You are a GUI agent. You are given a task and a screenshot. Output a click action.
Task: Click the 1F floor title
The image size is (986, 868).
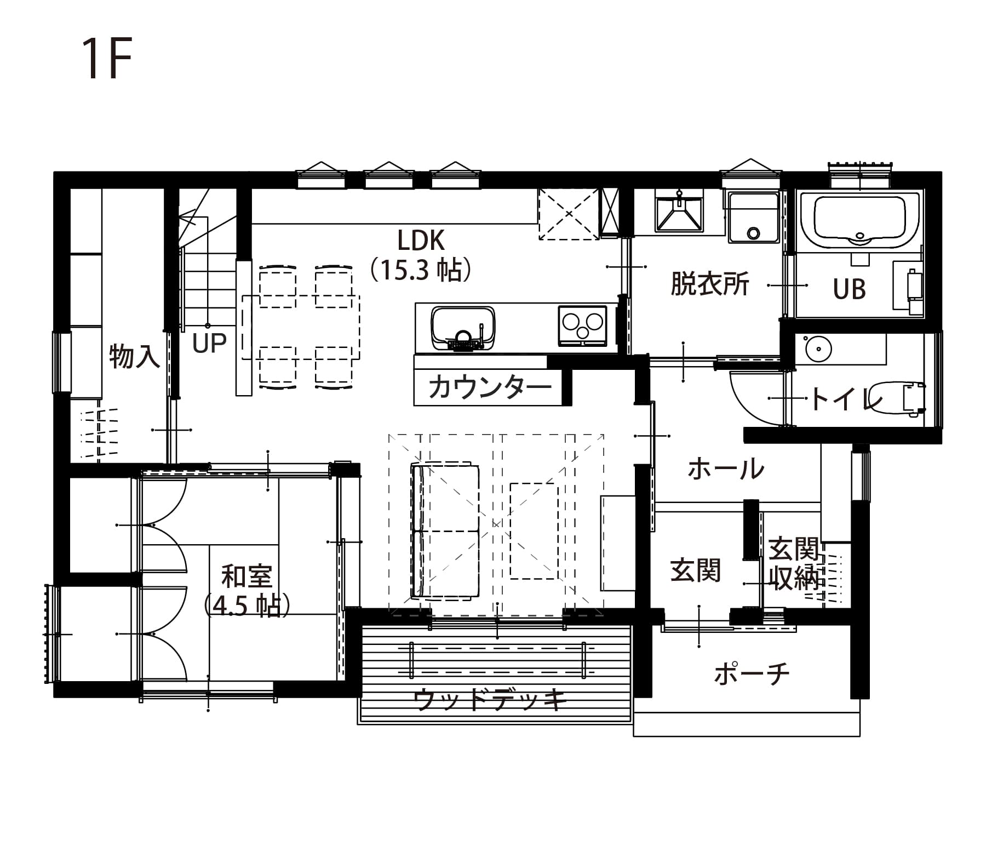tap(107, 59)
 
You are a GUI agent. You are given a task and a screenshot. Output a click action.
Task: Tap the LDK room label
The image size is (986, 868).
tap(421, 240)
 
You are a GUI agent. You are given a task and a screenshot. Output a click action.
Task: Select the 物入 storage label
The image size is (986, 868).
tap(134, 356)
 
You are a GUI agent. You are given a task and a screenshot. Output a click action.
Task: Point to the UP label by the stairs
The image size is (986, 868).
tap(209, 343)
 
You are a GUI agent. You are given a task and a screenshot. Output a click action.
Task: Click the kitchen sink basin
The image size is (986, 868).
tap(463, 328)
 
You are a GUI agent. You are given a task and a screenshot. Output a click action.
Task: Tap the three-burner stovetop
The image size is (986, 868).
tap(582, 325)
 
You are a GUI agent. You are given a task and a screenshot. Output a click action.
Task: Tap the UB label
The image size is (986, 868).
tap(849, 289)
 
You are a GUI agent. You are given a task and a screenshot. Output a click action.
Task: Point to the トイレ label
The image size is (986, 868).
tap(847, 398)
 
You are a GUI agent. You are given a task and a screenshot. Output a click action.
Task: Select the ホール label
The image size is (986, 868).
tap(726, 469)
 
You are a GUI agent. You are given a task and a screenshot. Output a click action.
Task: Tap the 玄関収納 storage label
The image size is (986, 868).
tap(794, 564)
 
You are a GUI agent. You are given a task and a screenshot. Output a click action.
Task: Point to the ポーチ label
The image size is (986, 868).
tap(752, 673)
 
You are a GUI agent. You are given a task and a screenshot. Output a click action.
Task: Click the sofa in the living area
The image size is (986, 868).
tap(445, 530)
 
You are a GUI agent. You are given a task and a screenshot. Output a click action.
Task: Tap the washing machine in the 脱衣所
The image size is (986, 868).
tap(754, 216)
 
